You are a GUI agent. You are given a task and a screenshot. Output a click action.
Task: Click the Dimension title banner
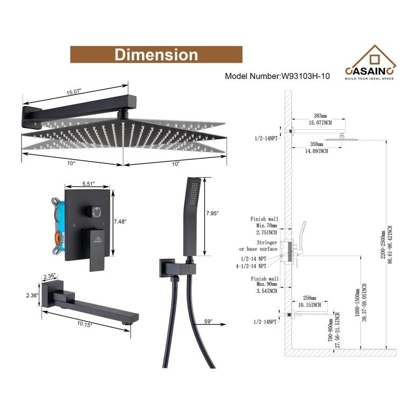pos(156,55)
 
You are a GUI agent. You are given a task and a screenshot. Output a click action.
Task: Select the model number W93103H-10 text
pos(277,76)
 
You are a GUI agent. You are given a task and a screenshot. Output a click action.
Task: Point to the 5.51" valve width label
pos(89,183)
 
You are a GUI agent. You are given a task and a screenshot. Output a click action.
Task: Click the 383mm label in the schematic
pos(320,116)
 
